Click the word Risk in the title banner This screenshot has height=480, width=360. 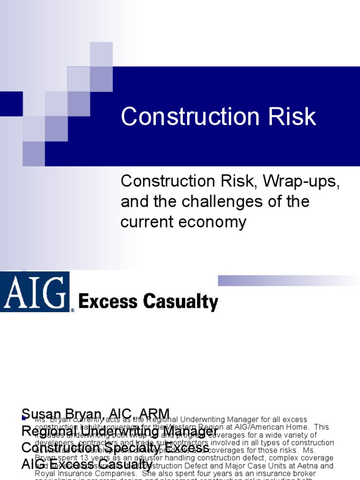tap(289, 117)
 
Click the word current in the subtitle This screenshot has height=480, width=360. tap(147, 222)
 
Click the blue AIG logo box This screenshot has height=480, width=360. tap(35, 292)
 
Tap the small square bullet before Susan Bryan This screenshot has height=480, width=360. tap(24, 417)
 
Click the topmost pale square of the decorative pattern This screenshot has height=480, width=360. tap(101, 54)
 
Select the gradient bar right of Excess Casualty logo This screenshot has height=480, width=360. tap(289, 280)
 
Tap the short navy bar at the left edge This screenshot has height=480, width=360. tap(11, 104)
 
